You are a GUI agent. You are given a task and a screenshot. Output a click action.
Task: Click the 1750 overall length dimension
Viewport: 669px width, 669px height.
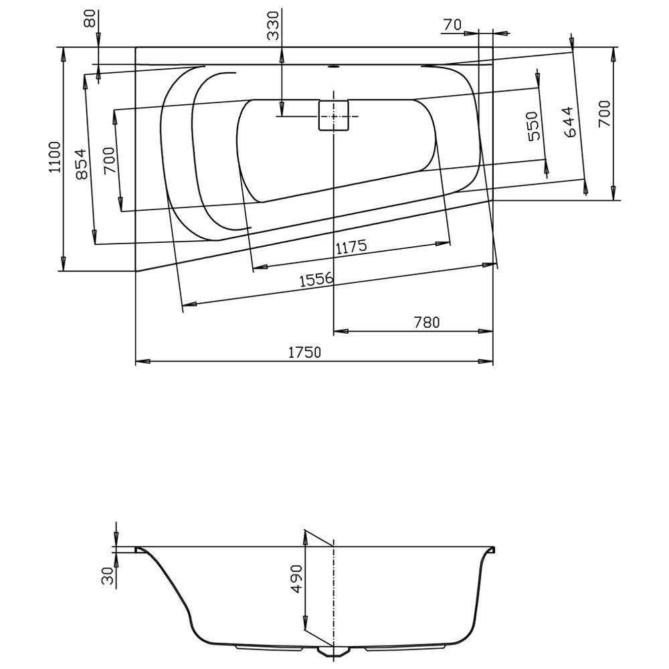pyautogui.click(x=304, y=353)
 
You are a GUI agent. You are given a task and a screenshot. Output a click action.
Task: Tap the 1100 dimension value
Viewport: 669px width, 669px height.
pyautogui.click(x=56, y=157)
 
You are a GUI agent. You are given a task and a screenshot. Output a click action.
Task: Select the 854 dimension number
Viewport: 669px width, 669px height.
pyautogui.click(x=82, y=164)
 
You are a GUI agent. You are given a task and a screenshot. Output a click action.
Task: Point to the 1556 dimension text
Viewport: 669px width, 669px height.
pyautogui.click(x=316, y=280)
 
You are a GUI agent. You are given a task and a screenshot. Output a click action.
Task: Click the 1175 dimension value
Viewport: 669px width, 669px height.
pyautogui.click(x=351, y=247)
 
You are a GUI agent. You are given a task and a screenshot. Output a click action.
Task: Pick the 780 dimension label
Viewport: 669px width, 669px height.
pyautogui.click(x=427, y=322)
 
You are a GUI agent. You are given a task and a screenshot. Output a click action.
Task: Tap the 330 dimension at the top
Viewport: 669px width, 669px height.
pyautogui.click(x=273, y=25)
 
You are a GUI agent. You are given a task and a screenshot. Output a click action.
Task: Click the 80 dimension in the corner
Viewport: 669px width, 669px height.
pyautogui.click(x=90, y=18)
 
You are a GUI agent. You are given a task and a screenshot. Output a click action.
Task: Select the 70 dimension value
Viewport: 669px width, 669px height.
pyautogui.click(x=452, y=25)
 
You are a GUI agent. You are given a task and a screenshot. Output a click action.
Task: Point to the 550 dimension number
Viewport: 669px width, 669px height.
pyautogui.click(x=533, y=126)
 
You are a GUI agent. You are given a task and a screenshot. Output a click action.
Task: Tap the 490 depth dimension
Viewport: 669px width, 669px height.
pyautogui.click(x=296, y=579)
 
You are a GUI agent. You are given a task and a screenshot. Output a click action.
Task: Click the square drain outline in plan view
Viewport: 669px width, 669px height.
pyautogui.click(x=334, y=115)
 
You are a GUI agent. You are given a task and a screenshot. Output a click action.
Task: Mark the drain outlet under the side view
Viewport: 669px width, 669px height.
pyautogui.click(x=334, y=662)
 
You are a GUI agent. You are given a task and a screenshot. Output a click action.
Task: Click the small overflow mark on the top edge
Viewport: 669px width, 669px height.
pyautogui.click(x=333, y=66)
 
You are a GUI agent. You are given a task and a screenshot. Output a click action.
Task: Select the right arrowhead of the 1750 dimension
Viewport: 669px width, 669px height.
pyautogui.click(x=486, y=361)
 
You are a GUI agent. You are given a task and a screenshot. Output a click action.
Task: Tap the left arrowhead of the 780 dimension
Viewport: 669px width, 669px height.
pyautogui.click(x=341, y=331)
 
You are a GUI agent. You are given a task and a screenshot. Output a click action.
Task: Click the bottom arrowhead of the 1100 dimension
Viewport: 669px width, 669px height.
pyautogui.click(x=64, y=264)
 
